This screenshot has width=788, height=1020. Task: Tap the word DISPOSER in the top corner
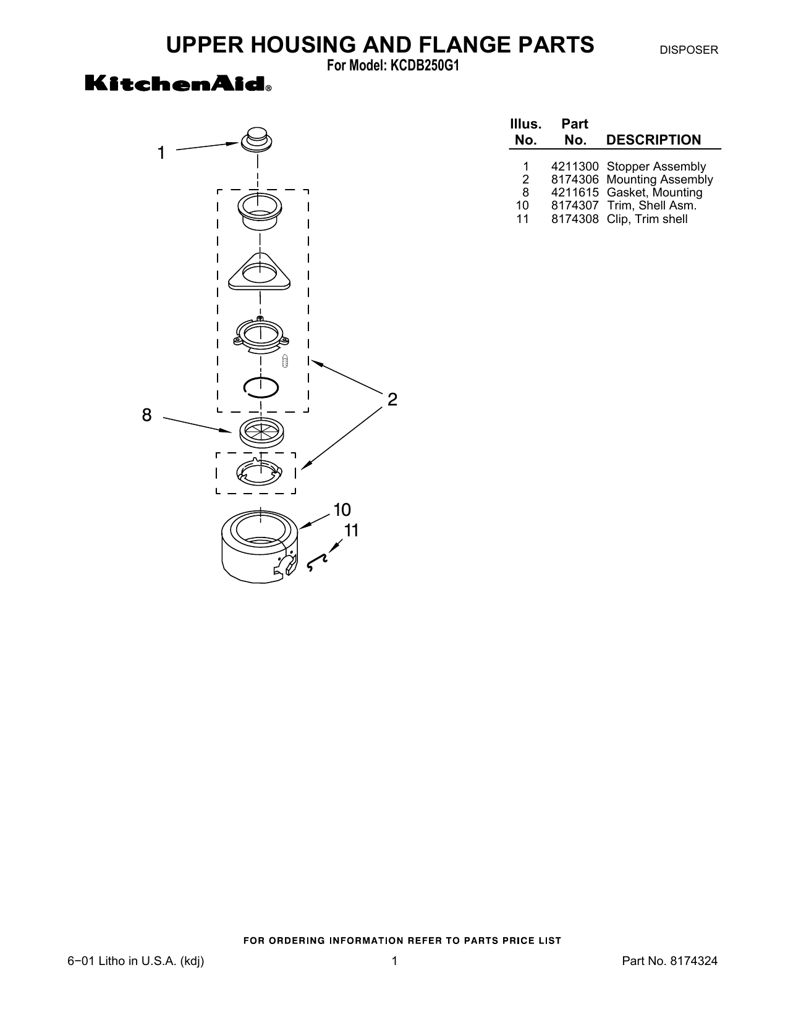688,50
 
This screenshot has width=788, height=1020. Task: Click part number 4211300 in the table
575,167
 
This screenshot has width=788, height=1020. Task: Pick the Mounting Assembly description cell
659,180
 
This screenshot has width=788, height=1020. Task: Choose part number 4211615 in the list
575,193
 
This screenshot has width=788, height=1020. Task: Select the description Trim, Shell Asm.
651,206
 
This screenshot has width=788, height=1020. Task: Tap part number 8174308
575,219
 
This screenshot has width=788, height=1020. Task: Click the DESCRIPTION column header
653,140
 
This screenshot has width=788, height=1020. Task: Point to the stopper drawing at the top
256,139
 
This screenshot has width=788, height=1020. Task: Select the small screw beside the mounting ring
285,361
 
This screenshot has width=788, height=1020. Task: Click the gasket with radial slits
261,432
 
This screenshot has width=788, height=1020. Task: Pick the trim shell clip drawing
317,562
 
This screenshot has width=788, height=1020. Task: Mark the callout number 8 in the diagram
147,415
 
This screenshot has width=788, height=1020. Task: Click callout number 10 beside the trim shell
342,510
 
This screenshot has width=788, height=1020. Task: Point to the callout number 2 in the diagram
392,400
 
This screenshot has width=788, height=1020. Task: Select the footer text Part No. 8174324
670,961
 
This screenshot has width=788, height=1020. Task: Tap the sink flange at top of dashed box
260,211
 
